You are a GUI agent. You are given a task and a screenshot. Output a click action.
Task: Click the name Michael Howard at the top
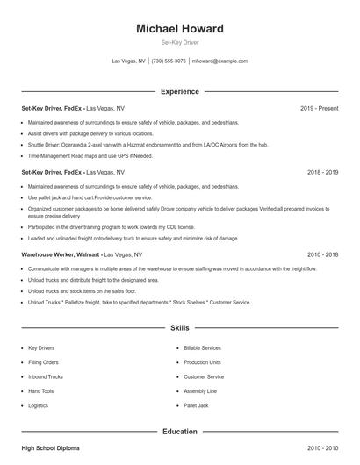(x=180, y=29)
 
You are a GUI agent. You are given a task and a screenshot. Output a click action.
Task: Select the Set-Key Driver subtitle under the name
(x=180, y=43)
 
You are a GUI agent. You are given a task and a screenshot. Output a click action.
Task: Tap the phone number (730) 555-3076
(x=169, y=61)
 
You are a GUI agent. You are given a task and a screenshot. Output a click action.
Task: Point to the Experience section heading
(x=180, y=91)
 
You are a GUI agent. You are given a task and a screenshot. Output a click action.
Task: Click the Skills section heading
(x=180, y=328)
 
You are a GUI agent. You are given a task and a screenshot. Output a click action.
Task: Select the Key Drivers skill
(x=42, y=348)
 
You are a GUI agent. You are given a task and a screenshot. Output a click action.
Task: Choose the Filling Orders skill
(x=43, y=362)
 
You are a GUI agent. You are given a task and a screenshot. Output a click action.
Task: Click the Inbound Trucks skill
(x=45, y=377)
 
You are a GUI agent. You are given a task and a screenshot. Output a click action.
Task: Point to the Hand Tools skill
(x=40, y=391)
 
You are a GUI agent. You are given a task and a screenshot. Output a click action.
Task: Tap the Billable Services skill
(x=202, y=348)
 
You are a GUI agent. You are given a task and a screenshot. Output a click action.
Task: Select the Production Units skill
(x=202, y=362)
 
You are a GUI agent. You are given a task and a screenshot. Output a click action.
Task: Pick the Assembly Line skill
(x=199, y=391)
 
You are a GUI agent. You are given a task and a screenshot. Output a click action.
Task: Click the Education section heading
(x=180, y=431)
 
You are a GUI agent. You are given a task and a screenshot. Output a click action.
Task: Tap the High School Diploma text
(x=50, y=448)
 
